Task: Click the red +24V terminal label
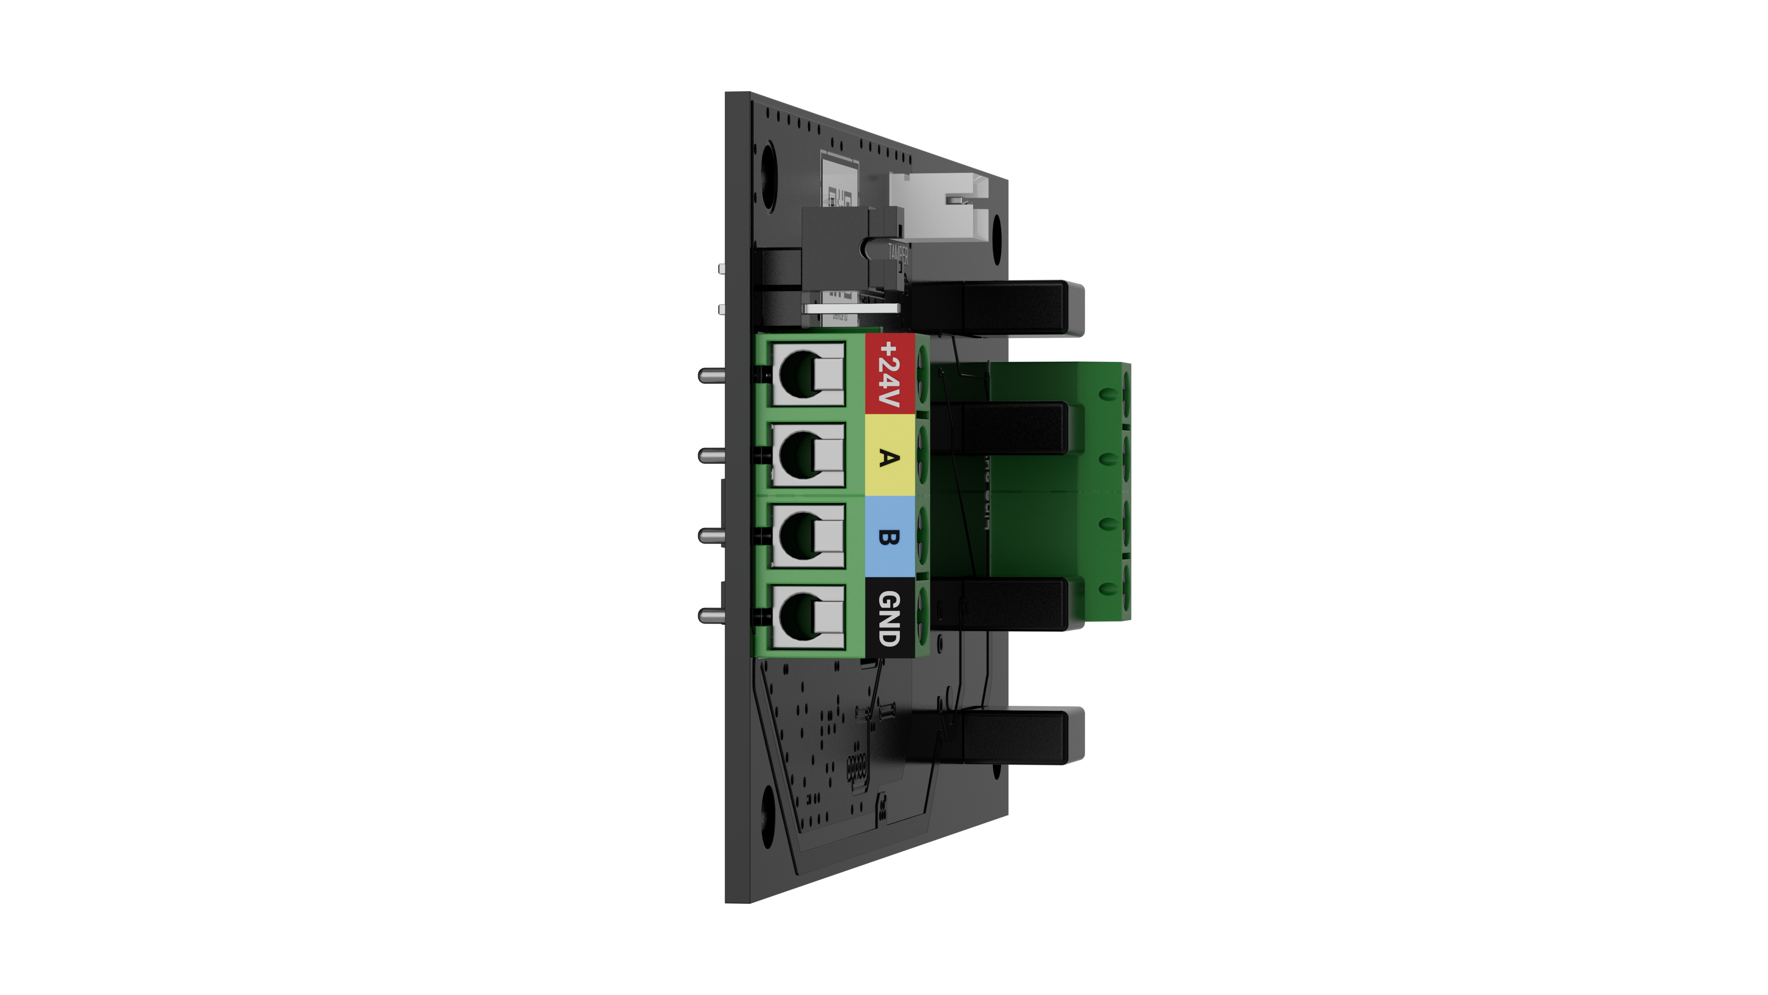click(x=890, y=374)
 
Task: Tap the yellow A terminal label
click(x=890, y=457)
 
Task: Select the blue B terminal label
click(x=890, y=537)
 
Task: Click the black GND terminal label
click(x=890, y=618)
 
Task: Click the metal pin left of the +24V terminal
click(x=712, y=375)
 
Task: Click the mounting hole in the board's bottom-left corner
click(x=767, y=820)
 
